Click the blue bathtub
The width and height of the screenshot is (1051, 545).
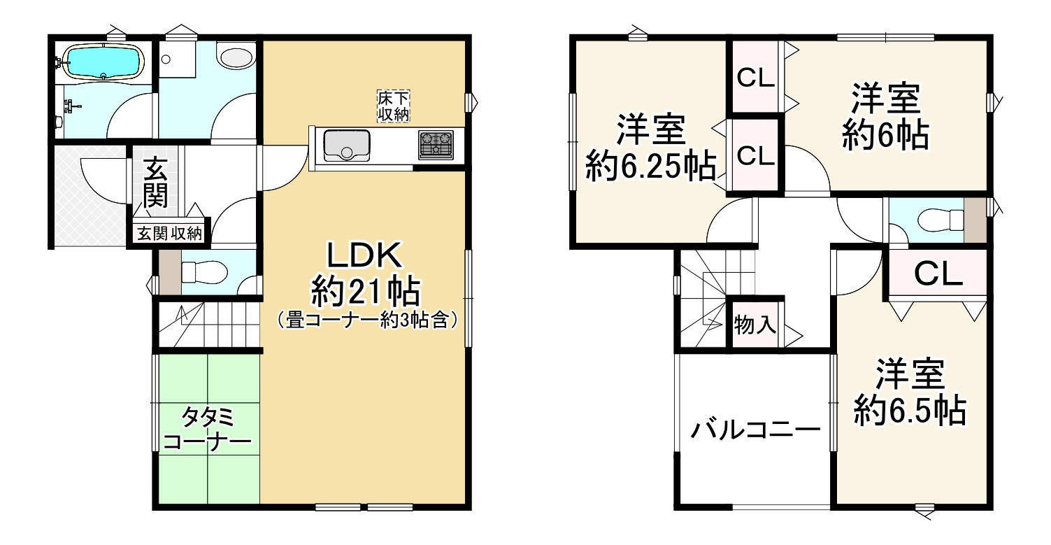tap(103, 62)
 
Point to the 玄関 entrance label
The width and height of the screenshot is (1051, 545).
tap(156, 181)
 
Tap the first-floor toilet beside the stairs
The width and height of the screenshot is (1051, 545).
tap(203, 270)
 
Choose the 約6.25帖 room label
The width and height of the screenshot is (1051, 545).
tap(650, 167)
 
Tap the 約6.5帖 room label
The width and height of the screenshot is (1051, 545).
tap(910, 411)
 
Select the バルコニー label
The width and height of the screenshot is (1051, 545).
tap(756, 428)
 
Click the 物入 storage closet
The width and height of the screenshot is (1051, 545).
tap(756, 325)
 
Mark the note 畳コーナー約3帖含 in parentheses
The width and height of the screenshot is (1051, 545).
tap(366, 321)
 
